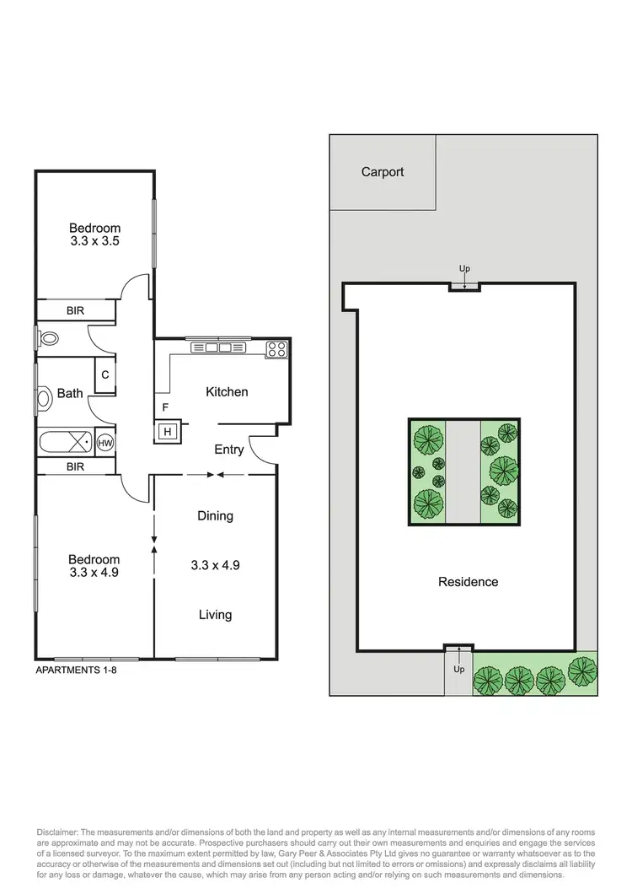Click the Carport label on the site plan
383,172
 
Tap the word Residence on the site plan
468,582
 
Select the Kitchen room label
228,392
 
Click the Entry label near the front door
228,450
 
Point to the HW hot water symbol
105,443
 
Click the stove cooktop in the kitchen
277,347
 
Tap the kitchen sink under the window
219,347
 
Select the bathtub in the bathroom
66,442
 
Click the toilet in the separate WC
48,339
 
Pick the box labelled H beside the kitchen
167,432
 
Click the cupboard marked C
105,375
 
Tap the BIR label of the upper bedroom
76,311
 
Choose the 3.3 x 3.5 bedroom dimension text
94,241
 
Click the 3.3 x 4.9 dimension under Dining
215,565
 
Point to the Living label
215,615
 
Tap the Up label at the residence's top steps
464,269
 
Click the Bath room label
69,393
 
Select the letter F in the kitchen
165,408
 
